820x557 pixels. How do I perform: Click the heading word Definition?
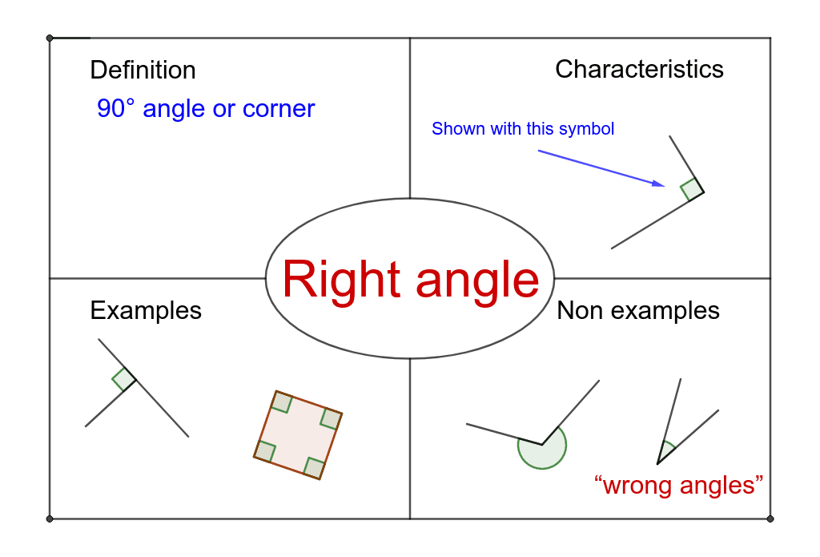[x=143, y=71]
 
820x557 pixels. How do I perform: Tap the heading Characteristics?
[x=639, y=69]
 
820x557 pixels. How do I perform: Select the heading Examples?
[x=146, y=311]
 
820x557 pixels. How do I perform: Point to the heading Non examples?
[x=638, y=310]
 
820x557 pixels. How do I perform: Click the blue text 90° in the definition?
[x=115, y=108]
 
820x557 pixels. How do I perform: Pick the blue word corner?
[x=279, y=110]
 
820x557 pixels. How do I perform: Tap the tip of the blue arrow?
[x=665, y=185]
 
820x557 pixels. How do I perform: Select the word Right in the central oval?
[x=341, y=280]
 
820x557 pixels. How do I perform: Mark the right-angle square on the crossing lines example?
[x=124, y=379]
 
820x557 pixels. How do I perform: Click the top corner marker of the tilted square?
[x=282, y=402]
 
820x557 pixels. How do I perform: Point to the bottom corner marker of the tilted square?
[x=314, y=467]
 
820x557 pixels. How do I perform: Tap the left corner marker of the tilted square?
[x=264, y=450]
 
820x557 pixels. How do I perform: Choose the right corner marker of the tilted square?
[x=331, y=419]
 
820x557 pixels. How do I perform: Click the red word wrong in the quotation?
[x=636, y=486]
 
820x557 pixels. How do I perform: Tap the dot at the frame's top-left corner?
[x=50, y=38]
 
